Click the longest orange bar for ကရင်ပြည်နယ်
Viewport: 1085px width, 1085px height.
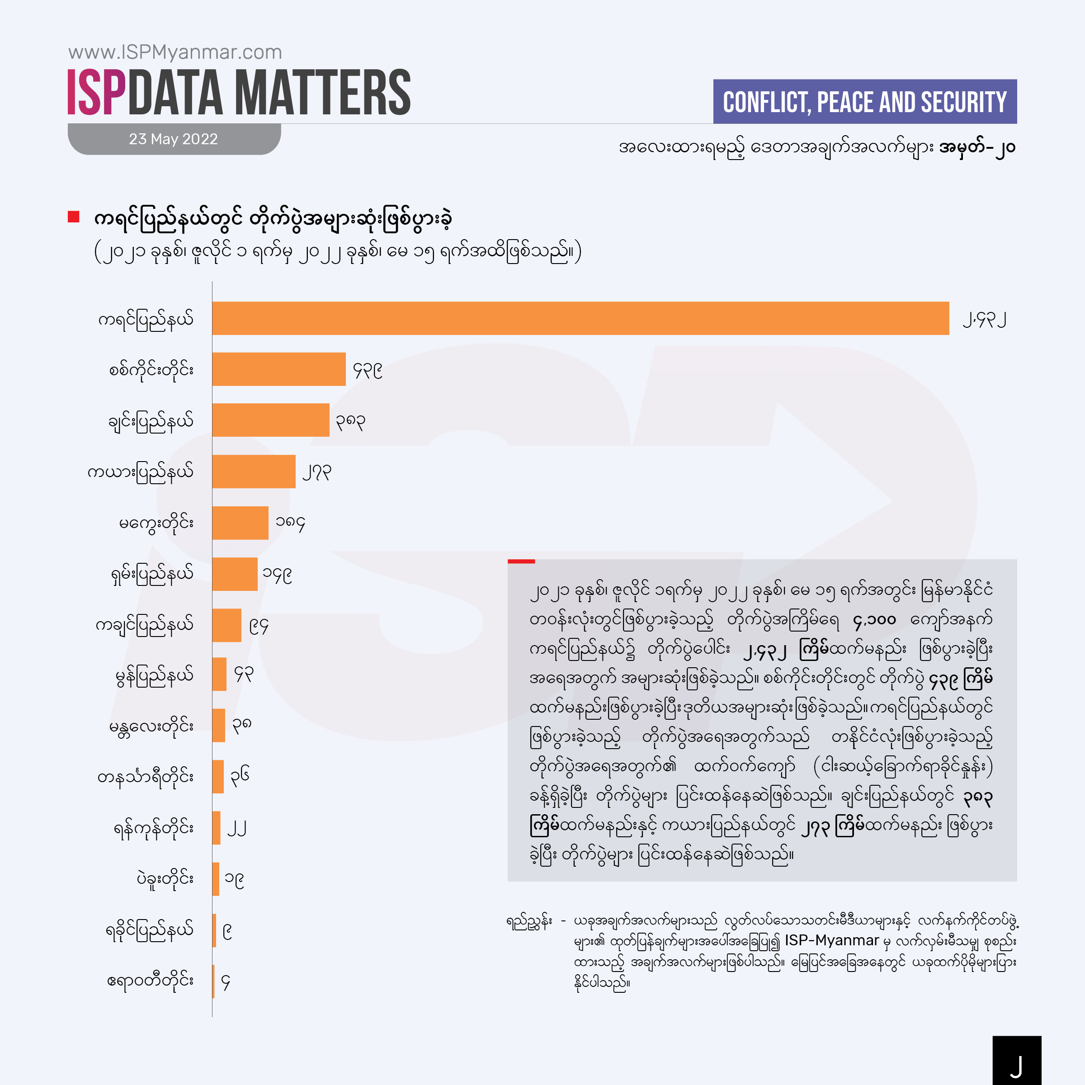pyautogui.click(x=580, y=318)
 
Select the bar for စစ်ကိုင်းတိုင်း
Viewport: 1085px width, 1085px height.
pyautogui.click(x=278, y=369)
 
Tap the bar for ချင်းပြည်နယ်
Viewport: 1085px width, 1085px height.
pyautogui.click(x=271, y=420)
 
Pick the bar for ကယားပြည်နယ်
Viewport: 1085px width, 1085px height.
pyautogui.click(x=254, y=472)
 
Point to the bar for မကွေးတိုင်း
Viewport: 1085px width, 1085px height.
pyautogui.click(x=241, y=523)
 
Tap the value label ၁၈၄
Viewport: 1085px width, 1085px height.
pyautogui.click(x=290, y=524)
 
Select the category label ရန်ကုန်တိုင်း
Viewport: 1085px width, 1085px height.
pyautogui.click(x=153, y=828)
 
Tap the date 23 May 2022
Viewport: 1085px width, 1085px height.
pyautogui.click(x=173, y=139)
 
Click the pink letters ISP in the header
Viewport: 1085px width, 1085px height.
pyautogui.click(x=96, y=93)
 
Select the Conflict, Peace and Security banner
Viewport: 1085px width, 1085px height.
pyautogui.click(x=865, y=102)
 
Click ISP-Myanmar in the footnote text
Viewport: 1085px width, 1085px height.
pyautogui.click(x=832, y=941)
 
